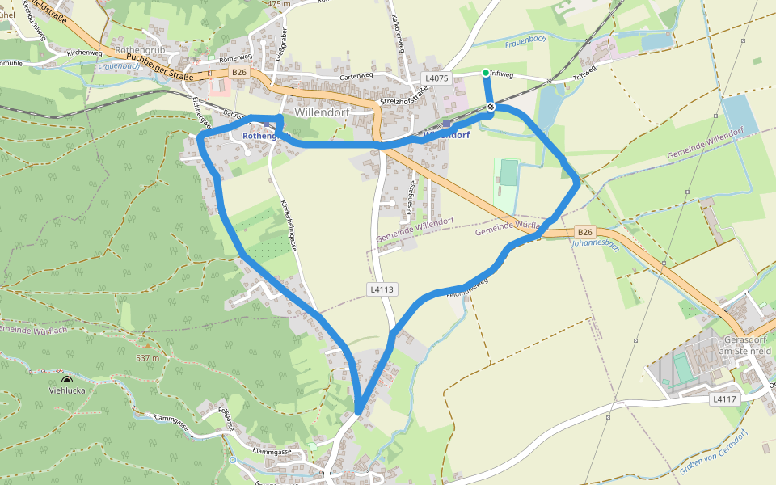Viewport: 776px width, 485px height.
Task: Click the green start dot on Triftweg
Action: tap(486, 74)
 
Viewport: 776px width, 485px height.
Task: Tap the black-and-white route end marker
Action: tap(491, 107)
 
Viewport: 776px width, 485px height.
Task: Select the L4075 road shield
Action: tap(436, 78)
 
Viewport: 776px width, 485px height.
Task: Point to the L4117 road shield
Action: tap(725, 399)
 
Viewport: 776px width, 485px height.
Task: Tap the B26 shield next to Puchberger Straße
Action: tap(238, 73)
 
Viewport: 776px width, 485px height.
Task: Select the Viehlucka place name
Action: tap(67, 390)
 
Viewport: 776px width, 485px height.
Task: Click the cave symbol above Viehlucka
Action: tap(66, 379)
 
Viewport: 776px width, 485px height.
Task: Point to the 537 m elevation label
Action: tap(147, 357)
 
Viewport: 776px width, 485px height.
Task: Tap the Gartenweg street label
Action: tap(356, 76)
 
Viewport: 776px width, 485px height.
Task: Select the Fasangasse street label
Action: tap(411, 195)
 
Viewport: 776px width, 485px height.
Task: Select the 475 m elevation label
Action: tap(278, 4)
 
